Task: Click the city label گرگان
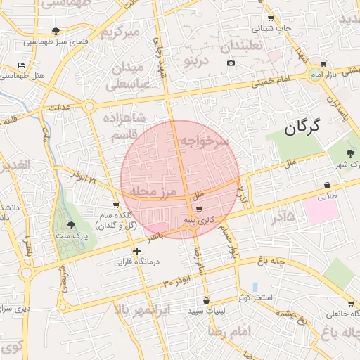[x=303, y=128]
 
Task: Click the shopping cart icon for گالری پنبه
[x=200, y=210]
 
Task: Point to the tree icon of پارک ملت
[x=71, y=225]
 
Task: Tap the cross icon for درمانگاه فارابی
[x=136, y=251]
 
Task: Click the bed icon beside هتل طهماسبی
[x=21, y=65]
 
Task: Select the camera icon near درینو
[x=231, y=63]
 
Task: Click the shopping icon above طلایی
[x=327, y=186]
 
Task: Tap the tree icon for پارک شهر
[x=350, y=153]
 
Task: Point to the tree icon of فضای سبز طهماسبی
[x=56, y=31]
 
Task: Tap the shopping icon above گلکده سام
[x=116, y=205]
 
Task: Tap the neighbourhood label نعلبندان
[x=242, y=46]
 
